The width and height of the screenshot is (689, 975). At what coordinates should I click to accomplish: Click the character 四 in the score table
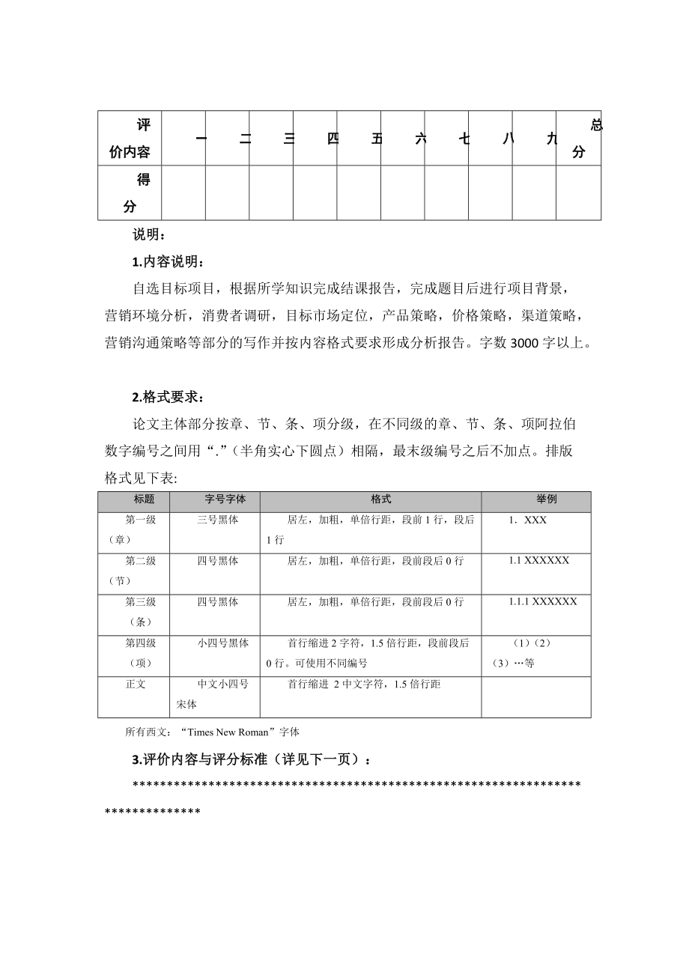[x=333, y=139]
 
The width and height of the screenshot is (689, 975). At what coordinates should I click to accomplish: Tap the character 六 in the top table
[x=420, y=139]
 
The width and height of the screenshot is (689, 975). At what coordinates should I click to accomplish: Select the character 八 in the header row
[x=509, y=139]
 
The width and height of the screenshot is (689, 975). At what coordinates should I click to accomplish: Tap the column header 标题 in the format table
[x=145, y=499]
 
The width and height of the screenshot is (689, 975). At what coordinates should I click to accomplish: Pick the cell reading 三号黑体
[x=218, y=520]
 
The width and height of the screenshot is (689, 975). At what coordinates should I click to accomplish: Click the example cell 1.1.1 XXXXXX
[x=543, y=601]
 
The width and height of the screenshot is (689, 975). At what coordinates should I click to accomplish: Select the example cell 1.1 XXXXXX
[x=539, y=560]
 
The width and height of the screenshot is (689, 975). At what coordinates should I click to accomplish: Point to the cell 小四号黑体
[x=224, y=643]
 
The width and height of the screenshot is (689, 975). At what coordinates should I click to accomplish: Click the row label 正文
[x=136, y=684]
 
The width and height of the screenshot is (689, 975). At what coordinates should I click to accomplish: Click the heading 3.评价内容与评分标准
[x=250, y=759]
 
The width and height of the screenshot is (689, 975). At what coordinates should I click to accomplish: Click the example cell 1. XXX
[x=527, y=520]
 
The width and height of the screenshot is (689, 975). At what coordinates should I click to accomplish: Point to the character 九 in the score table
[x=552, y=139]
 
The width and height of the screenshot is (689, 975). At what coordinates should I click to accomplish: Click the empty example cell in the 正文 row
[x=535, y=696]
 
